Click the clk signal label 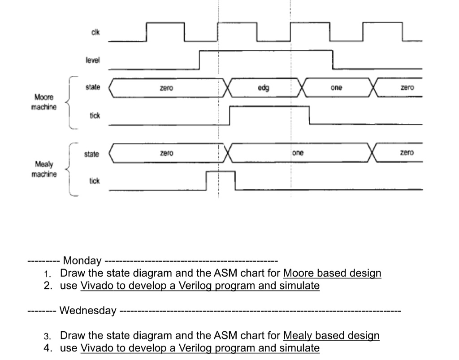95,32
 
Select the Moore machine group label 44,102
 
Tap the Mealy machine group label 44,169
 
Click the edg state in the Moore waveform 264,88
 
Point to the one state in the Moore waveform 337,88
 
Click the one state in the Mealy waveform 298,153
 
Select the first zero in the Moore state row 166,88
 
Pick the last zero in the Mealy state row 407,153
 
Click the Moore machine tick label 95,116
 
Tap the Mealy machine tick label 94,181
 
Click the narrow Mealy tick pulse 221,180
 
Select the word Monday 82,260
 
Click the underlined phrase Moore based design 332,273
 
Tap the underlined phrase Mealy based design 332,335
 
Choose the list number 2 48,286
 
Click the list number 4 48,348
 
